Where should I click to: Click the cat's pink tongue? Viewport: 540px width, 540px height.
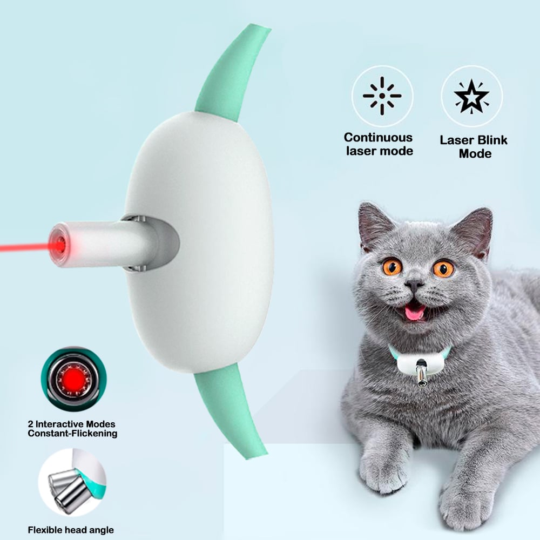(x=415, y=312)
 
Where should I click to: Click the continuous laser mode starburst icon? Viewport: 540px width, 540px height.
(x=382, y=96)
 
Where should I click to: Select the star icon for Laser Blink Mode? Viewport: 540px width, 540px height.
(x=471, y=96)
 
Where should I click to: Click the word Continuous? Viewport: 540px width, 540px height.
(x=378, y=138)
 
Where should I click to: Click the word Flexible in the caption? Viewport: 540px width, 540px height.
(x=48, y=530)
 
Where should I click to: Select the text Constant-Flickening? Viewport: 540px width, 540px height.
(x=72, y=433)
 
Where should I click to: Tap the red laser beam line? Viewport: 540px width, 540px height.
(x=22, y=248)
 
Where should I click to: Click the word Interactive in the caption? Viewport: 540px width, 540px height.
(x=63, y=424)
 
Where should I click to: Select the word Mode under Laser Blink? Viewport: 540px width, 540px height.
(x=475, y=153)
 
